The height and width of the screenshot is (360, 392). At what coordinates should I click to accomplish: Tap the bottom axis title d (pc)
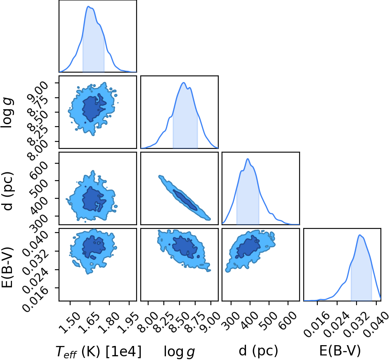click(258, 351)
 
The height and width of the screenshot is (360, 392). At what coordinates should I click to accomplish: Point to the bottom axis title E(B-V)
click(340, 351)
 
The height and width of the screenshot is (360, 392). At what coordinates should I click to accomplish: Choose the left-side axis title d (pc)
click(7, 191)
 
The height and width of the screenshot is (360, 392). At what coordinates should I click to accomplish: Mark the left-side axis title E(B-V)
click(7, 268)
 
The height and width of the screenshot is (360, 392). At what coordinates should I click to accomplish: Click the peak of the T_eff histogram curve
click(88, 7)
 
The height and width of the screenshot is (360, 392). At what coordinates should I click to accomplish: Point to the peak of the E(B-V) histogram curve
click(359, 235)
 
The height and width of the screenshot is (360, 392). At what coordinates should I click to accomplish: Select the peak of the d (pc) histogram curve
click(248, 159)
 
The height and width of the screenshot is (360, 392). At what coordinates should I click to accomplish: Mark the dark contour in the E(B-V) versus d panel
click(248, 247)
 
